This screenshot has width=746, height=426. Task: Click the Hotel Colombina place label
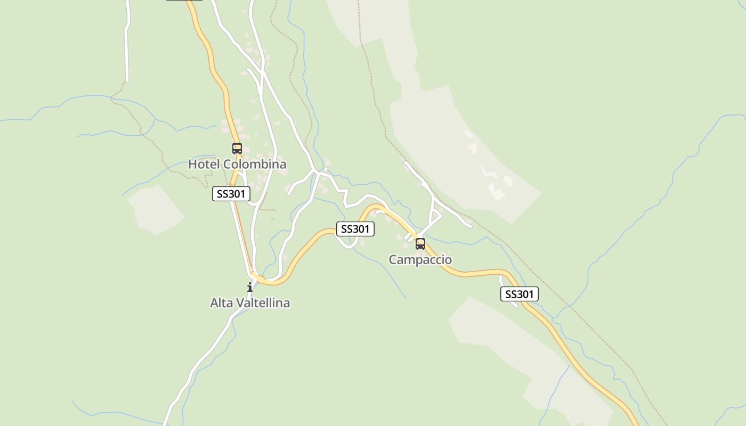237,164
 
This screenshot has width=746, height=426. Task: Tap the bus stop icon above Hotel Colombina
237,149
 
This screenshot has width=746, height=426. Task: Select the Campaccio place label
420,260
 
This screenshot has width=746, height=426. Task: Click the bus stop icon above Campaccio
420,244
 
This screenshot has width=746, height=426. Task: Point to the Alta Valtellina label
250,303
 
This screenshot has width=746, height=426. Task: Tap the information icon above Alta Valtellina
250,287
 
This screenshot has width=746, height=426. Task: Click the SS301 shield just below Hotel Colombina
231,194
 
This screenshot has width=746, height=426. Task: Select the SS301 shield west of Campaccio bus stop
355,229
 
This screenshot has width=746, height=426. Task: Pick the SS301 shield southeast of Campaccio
520,294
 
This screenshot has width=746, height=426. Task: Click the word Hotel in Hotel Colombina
204,164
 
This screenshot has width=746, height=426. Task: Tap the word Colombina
254,164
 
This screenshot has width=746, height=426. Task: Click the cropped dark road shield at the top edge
184,2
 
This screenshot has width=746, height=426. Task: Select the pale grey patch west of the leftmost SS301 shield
156,209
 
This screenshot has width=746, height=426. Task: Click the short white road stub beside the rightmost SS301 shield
506,290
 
